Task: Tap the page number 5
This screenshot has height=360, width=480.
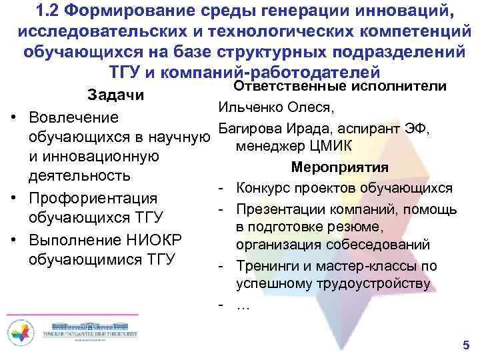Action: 465,345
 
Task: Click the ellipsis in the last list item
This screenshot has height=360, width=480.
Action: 243,305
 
